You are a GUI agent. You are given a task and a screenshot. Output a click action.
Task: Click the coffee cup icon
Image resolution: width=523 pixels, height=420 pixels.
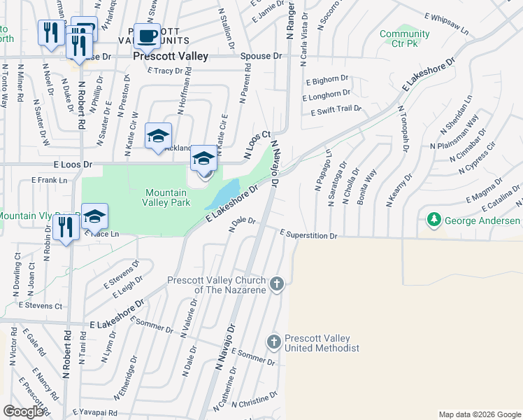[x=147, y=35]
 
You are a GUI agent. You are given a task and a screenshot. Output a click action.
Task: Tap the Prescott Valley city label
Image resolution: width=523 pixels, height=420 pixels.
[x=171, y=56]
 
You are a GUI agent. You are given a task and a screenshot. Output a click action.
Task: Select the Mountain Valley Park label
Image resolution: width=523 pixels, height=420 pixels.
[x=166, y=197]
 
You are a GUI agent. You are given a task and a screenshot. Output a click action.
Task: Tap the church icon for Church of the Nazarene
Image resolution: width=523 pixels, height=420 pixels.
[x=277, y=283]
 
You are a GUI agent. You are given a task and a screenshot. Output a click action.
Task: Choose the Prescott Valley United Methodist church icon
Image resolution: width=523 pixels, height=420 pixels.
[x=274, y=341]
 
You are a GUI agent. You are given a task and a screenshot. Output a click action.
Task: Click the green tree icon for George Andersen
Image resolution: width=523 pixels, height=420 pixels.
[x=434, y=221]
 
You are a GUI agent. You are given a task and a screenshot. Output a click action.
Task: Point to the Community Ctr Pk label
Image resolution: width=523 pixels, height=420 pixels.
[x=404, y=38]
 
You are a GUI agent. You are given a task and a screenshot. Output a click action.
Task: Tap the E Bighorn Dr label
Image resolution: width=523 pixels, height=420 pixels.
[x=325, y=80]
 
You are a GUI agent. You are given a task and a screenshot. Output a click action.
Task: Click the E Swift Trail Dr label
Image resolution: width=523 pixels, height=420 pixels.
[x=332, y=109]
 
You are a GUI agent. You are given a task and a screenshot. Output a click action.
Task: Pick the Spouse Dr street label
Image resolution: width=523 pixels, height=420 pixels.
[x=261, y=56]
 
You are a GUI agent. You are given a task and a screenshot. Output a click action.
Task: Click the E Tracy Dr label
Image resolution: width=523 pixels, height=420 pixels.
[x=169, y=71]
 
